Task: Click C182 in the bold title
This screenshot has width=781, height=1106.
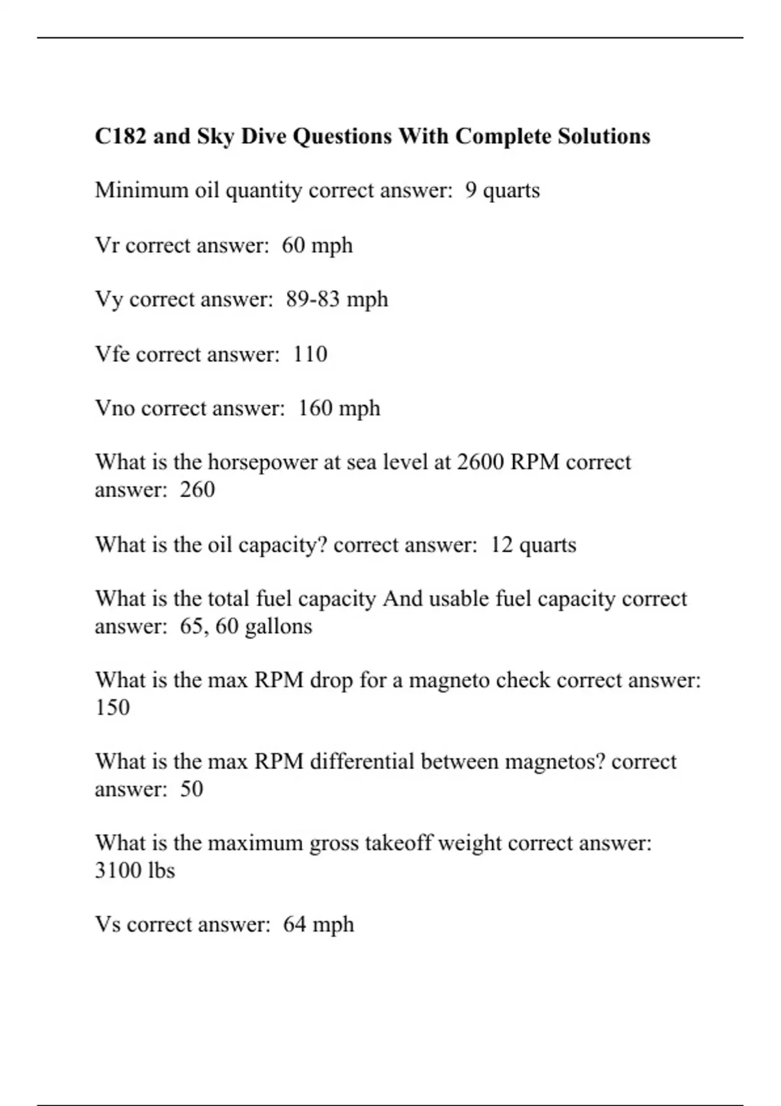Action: click(120, 137)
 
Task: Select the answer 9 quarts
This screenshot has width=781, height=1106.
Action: click(502, 191)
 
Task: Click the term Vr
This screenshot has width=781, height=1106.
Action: click(107, 245)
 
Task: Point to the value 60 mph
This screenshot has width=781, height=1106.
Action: click(317, 245)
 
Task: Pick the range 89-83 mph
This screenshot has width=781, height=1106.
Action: click(336, 299)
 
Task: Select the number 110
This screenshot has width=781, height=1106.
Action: click(310, 354)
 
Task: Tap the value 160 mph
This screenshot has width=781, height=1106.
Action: click(339, 408)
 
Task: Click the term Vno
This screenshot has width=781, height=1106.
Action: click(115, 408)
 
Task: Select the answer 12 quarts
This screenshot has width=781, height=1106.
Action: click(533, 545)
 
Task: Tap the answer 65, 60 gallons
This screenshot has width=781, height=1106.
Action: click(246, 626)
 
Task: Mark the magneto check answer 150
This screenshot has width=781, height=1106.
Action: click(112, 707)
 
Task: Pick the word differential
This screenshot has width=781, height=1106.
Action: click(362, 762)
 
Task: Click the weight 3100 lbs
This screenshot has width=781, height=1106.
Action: click(135, 870)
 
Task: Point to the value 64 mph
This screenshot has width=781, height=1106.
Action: click(318, 924)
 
